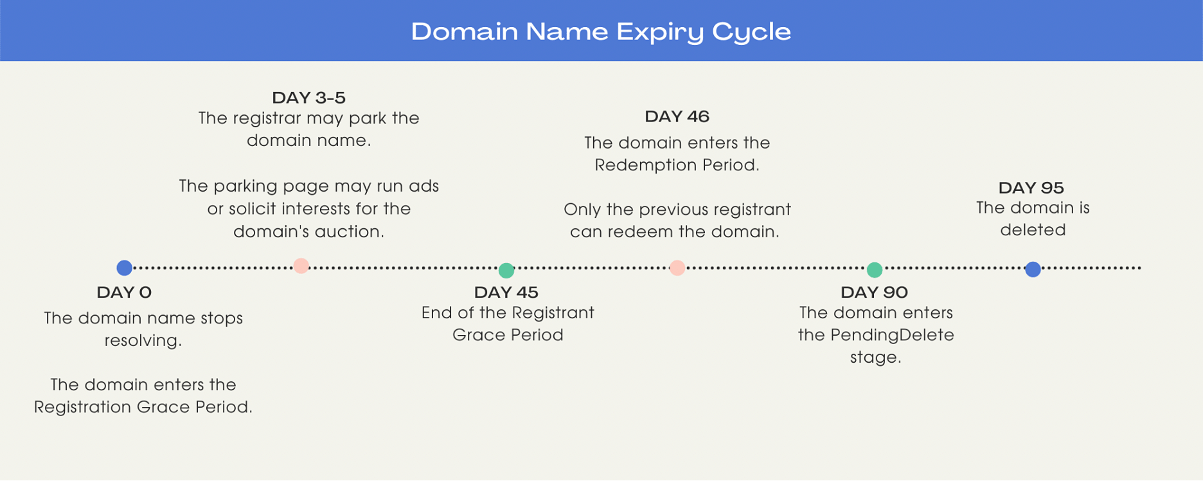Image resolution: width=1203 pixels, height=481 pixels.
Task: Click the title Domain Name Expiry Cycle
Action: (x=601, y=32)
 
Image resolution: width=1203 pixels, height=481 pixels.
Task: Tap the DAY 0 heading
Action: (x=124, y=293)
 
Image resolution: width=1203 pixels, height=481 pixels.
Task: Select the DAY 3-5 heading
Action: (x=308, y=98)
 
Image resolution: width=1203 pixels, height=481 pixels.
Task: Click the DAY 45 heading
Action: (x=506, y=293)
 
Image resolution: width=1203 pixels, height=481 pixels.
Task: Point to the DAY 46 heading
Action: (x=677, y=116)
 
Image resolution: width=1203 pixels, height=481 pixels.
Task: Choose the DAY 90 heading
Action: (x=874, y=293)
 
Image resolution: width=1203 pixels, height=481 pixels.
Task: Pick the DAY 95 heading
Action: (x=1031, y=188)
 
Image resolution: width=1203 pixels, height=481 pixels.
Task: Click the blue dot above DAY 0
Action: (x=125, y=268)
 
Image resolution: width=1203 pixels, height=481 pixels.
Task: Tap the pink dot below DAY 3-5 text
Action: (x=301, y=266)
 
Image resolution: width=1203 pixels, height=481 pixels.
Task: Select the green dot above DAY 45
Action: (x=506, y=270)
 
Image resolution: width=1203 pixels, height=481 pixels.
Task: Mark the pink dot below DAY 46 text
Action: (x=677, y=268)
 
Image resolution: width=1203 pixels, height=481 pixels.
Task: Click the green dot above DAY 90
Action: (x=875, y=269)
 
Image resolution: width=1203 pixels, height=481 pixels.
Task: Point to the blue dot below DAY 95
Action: (x=1033, y=269)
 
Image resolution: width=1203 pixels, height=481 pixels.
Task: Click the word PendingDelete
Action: (x=892, y=335)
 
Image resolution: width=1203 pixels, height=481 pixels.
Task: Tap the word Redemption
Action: (x=645, y=166)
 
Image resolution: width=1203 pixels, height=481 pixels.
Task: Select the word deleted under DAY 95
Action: (x=1033, y=230)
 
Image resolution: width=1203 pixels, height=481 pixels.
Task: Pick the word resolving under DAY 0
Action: (x=143, y=341)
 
